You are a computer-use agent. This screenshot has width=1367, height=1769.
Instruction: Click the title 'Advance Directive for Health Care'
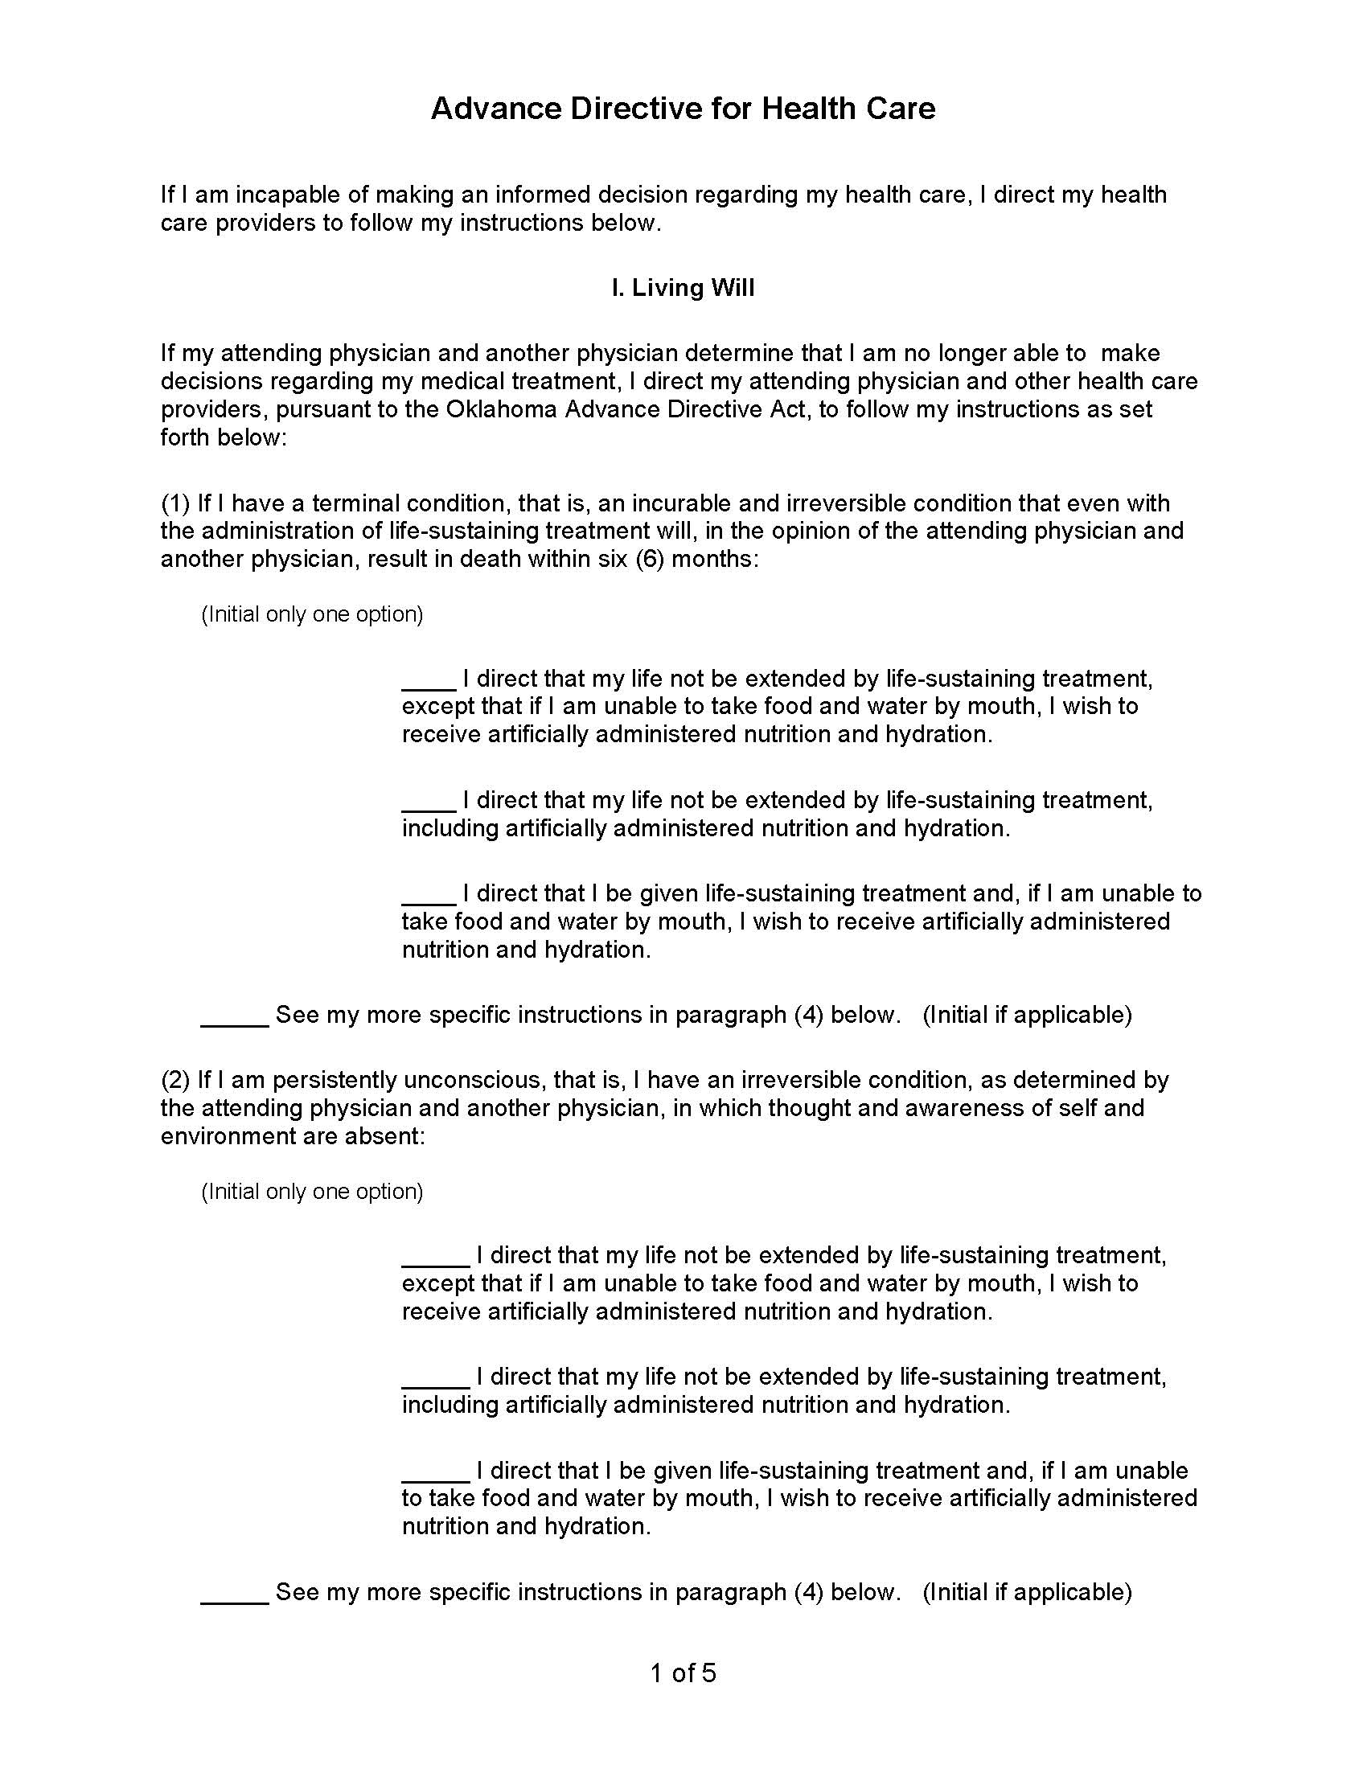coord(683,109)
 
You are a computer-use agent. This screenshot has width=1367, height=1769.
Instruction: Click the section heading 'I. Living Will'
coord(683,288)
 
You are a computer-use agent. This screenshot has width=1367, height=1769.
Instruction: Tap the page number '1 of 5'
coord(683,1673)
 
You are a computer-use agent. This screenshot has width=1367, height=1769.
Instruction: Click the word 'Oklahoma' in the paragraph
coord(501,409)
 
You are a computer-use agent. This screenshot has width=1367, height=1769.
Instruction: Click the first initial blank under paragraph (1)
coord(429,683)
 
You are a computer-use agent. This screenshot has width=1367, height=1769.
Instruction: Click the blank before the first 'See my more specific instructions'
coord(234,1020)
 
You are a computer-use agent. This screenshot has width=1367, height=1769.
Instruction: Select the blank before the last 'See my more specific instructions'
coord(234,1596)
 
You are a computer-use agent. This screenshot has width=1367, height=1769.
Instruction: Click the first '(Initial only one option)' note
coord(312,614)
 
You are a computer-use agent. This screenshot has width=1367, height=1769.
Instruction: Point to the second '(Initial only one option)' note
coord(312,1191)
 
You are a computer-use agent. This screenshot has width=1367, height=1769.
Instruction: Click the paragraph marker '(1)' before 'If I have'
coord(175,503)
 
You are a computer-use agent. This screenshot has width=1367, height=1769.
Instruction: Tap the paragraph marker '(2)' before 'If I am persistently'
coord(175,1080)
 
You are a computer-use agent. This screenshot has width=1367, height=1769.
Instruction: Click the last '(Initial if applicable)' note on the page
coord(1027,1591)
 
